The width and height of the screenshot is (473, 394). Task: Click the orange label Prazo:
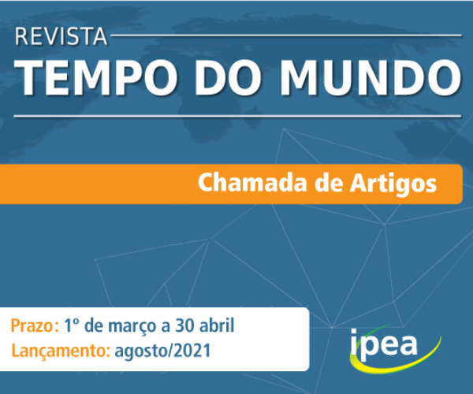coord(34,325)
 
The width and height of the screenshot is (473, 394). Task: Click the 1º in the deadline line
coord(72,325)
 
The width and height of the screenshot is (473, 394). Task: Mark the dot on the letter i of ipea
coord(356,329)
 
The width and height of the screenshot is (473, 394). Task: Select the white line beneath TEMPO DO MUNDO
coord(236,116)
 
